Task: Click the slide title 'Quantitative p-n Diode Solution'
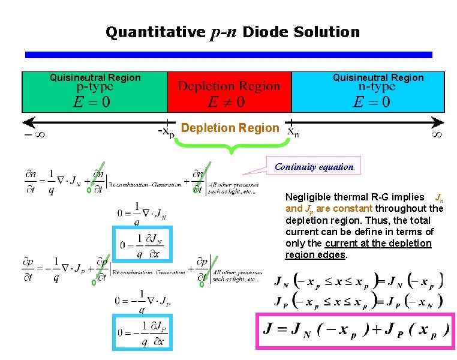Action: click(x=233, y=32)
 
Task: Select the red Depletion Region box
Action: click(x=229, y=93)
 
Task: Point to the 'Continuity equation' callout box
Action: click(x=314, y=167)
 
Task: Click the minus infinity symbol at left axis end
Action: click(x=34, y=134)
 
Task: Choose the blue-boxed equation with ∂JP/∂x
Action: click(x=143, y=332)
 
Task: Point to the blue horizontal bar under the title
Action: click(x=228, y=55)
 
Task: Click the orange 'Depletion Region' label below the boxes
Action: click(x=230, y=128)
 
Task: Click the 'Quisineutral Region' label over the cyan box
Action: click(x=378, y=77)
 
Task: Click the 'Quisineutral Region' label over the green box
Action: click(x=95, y=77)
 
